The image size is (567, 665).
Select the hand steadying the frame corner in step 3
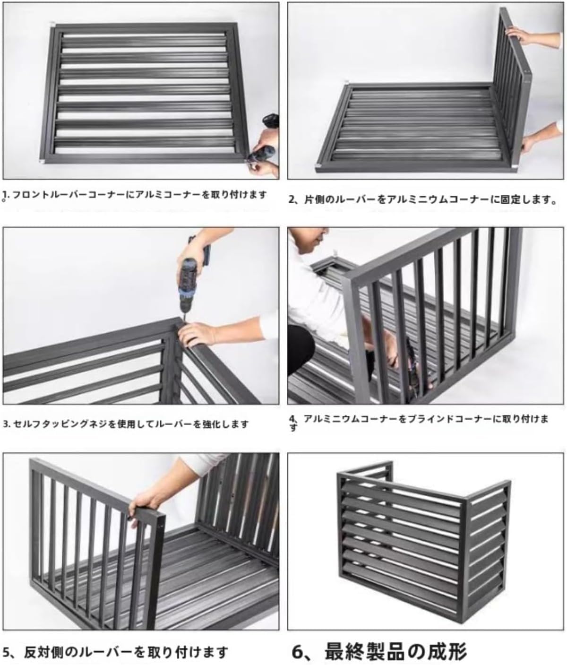198,333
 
